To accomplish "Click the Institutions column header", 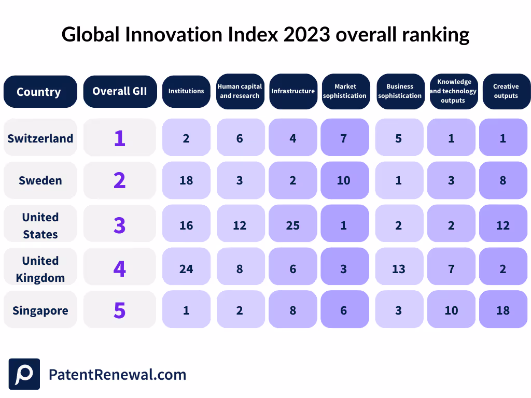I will [186, 91].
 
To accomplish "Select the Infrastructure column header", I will [293, 91].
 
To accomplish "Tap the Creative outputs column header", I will [506, 91].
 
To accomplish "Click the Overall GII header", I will [120, 91].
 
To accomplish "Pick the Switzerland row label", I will [40, 138].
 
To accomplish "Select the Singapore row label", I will [40, 311].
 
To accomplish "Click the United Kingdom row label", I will [40, 268].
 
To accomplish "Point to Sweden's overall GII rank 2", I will [120, 180].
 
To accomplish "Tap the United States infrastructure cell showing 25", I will [293, 225].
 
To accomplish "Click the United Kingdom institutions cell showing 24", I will [186, 268].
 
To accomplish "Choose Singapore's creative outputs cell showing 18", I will [502, 311].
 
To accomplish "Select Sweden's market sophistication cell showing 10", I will [343, 180].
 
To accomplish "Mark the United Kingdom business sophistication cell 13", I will [399, 268].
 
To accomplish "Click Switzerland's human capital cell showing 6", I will [240, 138].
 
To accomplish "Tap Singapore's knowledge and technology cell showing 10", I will [451, 311].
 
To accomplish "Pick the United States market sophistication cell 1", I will [343, 225].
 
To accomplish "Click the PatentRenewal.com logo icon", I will [24, 374].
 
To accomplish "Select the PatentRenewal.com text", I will [117, 375].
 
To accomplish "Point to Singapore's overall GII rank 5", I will [120, 311].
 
